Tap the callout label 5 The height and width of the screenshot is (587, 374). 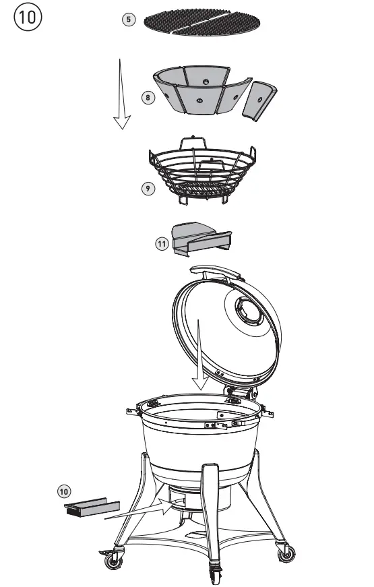(128, 20)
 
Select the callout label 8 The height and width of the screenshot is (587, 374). (148, 98)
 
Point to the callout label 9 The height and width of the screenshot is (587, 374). (148, 188)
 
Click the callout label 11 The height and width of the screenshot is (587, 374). (162, 244)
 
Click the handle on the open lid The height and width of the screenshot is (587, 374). (216, 271)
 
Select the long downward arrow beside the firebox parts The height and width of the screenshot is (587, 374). (121, 94)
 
